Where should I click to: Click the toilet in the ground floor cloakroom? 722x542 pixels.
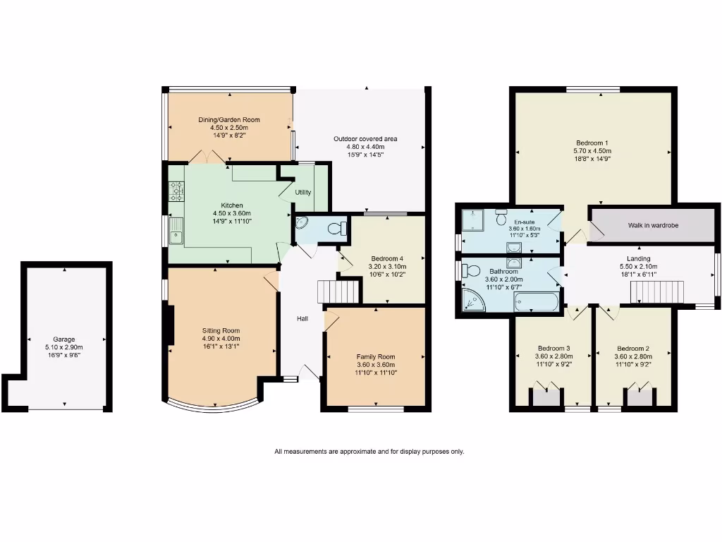tap(341, 228)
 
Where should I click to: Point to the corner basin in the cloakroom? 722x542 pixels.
tap(301, 224)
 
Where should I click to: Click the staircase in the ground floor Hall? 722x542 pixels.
tap(338, 291)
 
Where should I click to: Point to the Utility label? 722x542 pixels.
tap(303, 193)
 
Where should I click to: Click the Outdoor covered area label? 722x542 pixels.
tap(365, 139)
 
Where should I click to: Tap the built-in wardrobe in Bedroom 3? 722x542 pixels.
tap(545, 397)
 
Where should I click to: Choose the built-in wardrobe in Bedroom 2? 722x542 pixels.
tap(640, 397)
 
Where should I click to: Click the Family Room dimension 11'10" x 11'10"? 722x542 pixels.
tap(376, 372)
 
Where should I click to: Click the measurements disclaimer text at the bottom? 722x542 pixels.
tap(369, 452)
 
